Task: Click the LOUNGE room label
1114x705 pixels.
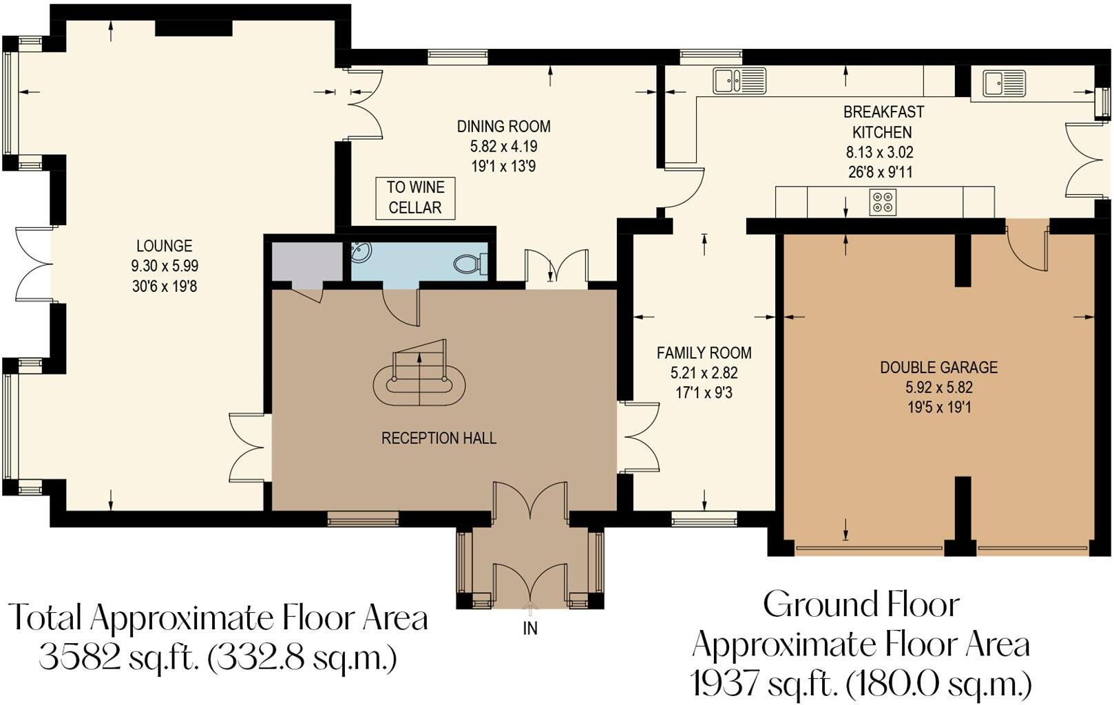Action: pos(164,246)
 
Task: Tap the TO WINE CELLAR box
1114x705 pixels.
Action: pos(415,198)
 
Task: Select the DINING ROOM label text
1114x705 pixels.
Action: pos(503,127)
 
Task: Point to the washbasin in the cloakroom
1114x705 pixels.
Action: pos(361,253)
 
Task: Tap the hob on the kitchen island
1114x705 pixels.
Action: pos(883,202)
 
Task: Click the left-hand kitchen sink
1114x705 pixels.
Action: pos(739,81)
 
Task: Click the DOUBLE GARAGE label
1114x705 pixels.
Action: pos(938,367)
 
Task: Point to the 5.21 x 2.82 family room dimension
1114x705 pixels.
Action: pos(704,373)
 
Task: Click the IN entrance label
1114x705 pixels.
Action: pos(530,628)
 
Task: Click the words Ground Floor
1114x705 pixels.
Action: pos(861,605)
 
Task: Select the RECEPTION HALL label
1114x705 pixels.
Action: pos(439,439)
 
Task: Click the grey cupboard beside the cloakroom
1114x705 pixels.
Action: pos(306,262)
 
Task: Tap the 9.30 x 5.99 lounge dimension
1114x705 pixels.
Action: pos(165,266)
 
